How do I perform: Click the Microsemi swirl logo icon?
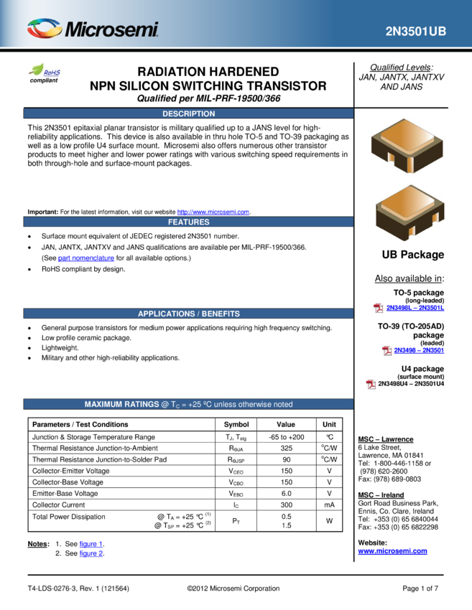pyautogui.click(x=45, y=29)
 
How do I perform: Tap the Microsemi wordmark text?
pyautogui.click(x=111, y=30)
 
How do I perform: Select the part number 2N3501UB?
pyautogui.click(x=415, y=32)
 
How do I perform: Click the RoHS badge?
pyautogui.click(x=45, y=70)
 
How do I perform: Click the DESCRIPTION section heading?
pyautogui.click(x=188, y=113)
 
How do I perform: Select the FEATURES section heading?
pyautogui.click(x=188, y=222)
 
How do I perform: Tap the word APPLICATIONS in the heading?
pyautogui.click(x=166, y=314)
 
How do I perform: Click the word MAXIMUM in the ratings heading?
pyautogui.click(x=103, y=404)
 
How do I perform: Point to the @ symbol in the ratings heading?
pyautogui.click(x=165, y=404)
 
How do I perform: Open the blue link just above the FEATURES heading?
pyautogui.click(x=213, y=212)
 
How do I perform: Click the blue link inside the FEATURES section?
pyautogui.click(x=86, y=258)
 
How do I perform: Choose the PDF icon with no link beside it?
pyautogui.click(x=371, y=385)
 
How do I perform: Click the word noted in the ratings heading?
pyautogui.click(x=282, y=404)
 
